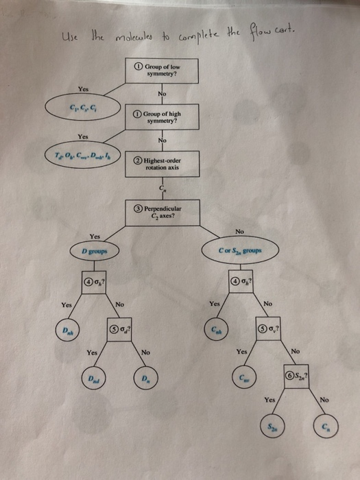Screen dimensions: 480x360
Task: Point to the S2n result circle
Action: click(x=272, y=427)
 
